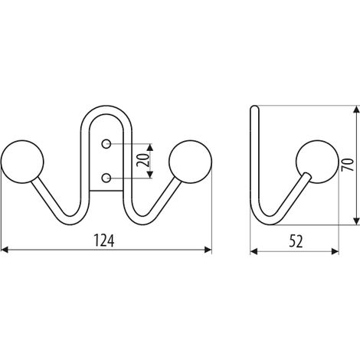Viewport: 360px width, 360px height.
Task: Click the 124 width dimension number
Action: (104, 241)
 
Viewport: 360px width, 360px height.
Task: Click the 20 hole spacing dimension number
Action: (142, 160)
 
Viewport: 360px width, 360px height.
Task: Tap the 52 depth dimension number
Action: (296, 241)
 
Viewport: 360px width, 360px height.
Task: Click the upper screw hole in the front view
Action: (106, 144)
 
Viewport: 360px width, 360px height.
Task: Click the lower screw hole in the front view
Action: (106, 178)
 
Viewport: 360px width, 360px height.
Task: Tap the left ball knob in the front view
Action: (22, 162)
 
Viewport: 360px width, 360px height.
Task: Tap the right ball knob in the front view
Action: (190, 162)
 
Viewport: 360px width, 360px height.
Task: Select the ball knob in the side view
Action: (317, 162)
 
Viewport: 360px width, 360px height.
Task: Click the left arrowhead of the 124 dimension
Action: (5, 250)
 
